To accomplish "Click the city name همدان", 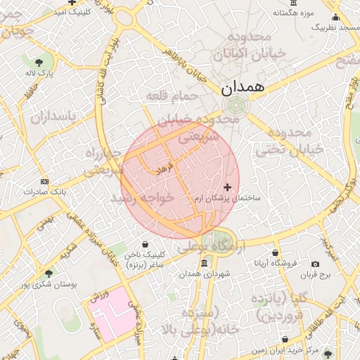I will point(243,87).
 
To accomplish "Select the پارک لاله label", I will point(40,73).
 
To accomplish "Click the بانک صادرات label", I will point(43,191).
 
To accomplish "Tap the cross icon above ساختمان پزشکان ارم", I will point(226,186).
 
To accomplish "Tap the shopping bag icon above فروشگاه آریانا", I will point(276,252).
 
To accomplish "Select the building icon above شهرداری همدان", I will point(204,264).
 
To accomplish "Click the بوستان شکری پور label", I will point(47,284).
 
